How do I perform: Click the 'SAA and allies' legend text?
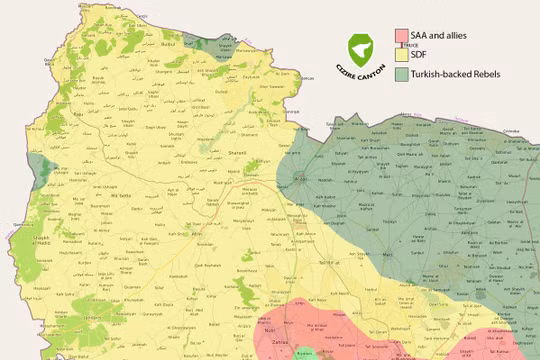pyautogui.click(x=439, y=35)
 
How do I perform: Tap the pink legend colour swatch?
pyautogui.click(x=401, y=35)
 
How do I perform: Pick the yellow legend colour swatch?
pyautogui.click(x=401, y=55)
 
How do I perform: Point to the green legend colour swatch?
pyautogui.click(x=401, y=74)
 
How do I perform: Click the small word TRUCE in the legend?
pyautogui.click(x=410, y=45)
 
